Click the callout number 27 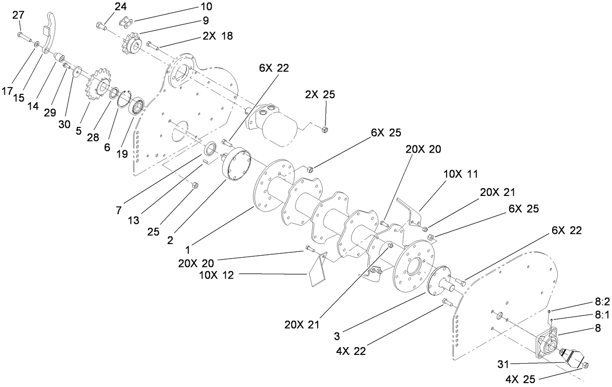pos(18,15)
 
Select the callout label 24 pos(120,6)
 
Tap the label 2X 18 pos(217,36)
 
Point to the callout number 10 pos(206,6)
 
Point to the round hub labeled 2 pos(236,165)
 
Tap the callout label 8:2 pos(602,301)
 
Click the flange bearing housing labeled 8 pos(550,347)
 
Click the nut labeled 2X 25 pos(325,129)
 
